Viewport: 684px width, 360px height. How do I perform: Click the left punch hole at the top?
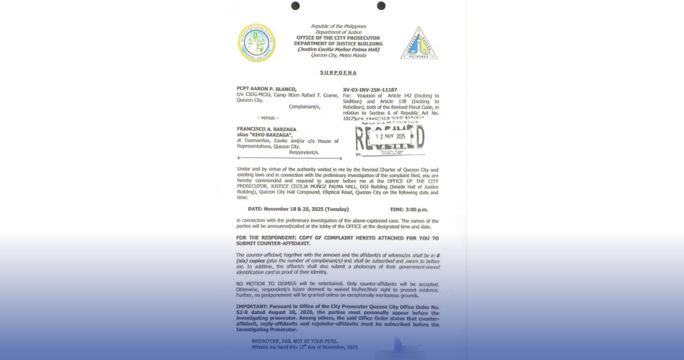click(295, 6)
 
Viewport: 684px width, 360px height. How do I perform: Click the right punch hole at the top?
click(381, 6)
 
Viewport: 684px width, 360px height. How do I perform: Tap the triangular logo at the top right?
click(419, 43)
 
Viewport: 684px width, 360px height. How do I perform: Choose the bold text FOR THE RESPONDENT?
click(266, 237)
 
